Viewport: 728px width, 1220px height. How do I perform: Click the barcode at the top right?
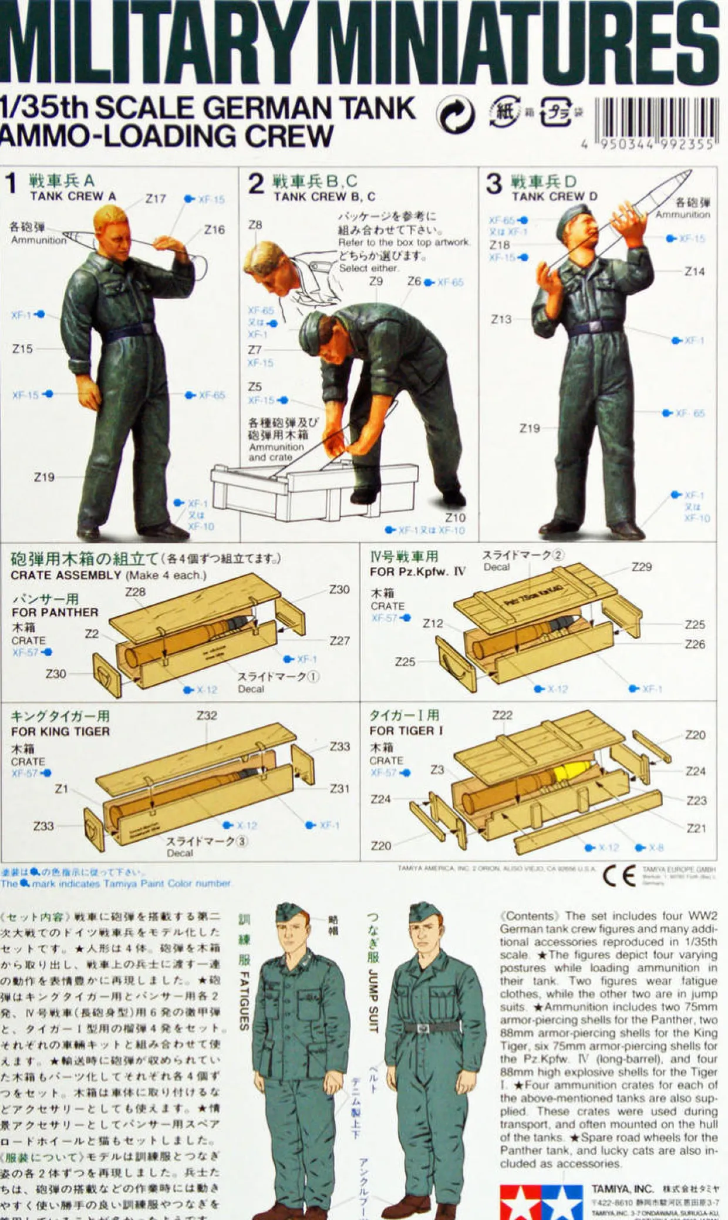coord(656,119)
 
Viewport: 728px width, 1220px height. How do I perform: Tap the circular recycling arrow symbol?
coord(456,115)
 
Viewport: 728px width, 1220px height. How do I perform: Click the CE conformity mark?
coord(619,876)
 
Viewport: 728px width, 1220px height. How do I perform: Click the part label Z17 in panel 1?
coord(156,199)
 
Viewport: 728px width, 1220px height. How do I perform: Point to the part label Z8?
coord(255,225)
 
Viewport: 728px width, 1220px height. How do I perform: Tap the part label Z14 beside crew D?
coord(695,271)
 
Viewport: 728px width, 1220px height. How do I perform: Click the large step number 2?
coord(255,184)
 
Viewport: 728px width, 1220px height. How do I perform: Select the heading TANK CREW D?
coord(554,196)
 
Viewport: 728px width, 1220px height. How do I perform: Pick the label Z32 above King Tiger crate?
coord(207,715)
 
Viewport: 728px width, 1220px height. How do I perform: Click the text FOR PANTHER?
coord(55,612)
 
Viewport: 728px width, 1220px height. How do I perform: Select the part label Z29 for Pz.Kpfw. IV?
coord(641,567)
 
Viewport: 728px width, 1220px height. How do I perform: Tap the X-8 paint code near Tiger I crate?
coord(656,848)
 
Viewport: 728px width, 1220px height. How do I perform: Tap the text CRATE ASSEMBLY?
coord(66,575)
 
